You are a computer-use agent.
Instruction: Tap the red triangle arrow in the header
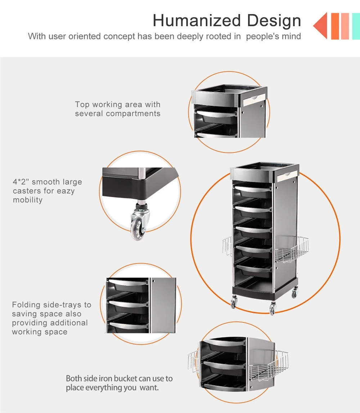pyautogui.click(x=320, y=26)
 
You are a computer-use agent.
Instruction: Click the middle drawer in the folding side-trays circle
pyautogui.click(x=128, y=306)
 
